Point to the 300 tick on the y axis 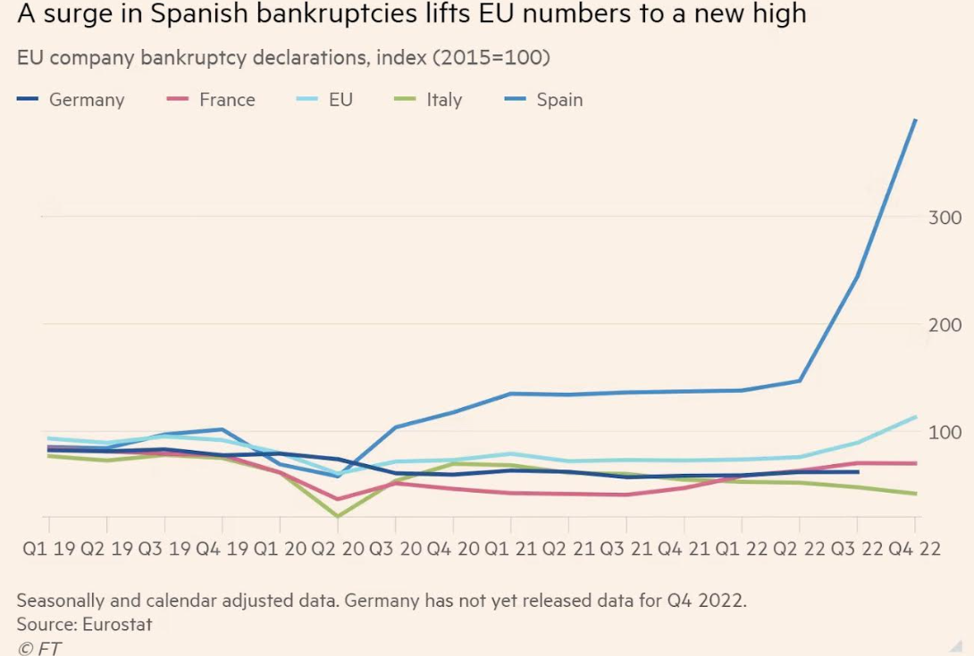(x=944, y=218)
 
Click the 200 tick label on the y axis (x=944, y=325)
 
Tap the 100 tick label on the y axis (x=944, y=432)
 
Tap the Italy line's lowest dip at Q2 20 (x=338, y=516)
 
